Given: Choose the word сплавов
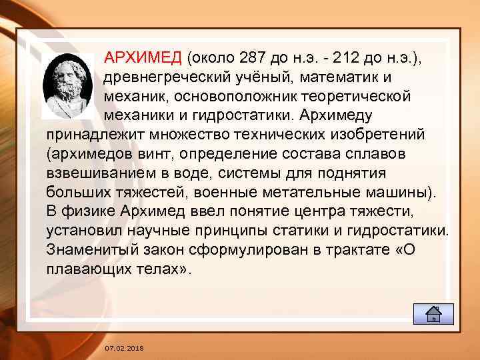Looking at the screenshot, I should coord(373,155).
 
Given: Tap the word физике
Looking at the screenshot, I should coord(94,212).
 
